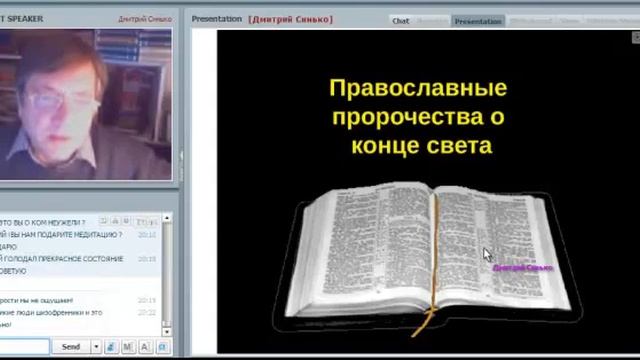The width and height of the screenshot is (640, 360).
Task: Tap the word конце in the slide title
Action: [x=388, y=145]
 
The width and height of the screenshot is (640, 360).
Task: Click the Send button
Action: [x=71, y=346]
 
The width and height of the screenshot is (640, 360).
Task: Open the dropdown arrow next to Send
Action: [x=96, y=346]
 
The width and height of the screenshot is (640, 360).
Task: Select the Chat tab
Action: [x=401, y=20]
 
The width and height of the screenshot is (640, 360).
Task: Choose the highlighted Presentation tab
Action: [x=478, y=20]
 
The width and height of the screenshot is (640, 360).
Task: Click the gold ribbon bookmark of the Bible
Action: [x=433, y=280]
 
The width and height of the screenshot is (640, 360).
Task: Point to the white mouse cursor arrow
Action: [x=487, y=255]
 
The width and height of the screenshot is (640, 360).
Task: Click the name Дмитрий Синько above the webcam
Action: [x=144, y=18]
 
